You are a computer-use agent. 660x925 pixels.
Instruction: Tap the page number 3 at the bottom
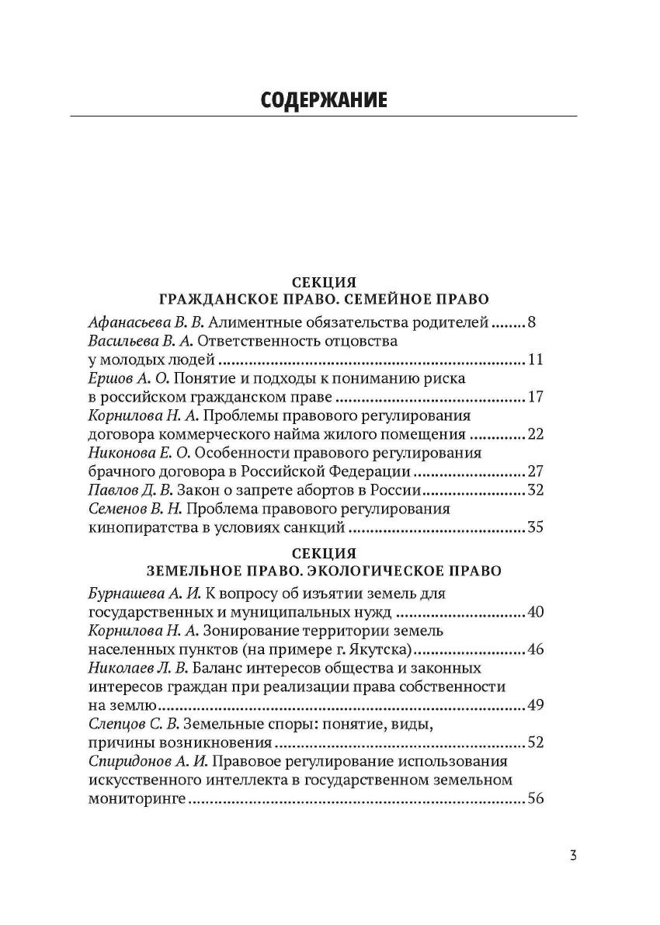click(x=572, y=856)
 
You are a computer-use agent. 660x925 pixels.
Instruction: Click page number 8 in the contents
click(x=531, y=322)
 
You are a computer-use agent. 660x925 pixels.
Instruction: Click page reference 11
click(x=535, y=360)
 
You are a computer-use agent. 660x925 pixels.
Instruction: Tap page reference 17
click(x=535, y=398)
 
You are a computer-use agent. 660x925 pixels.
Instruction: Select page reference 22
click(x=535, y=435)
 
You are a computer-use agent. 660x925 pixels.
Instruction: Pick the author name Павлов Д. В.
click(x=128, y=491)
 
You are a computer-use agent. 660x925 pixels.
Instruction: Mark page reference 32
click(x=535, y=491)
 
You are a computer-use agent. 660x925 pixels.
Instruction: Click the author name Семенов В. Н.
click(x=134, y=509)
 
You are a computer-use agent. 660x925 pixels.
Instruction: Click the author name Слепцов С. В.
click(x=130, y=725)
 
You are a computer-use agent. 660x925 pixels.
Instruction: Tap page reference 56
click(x=535, y=799)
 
